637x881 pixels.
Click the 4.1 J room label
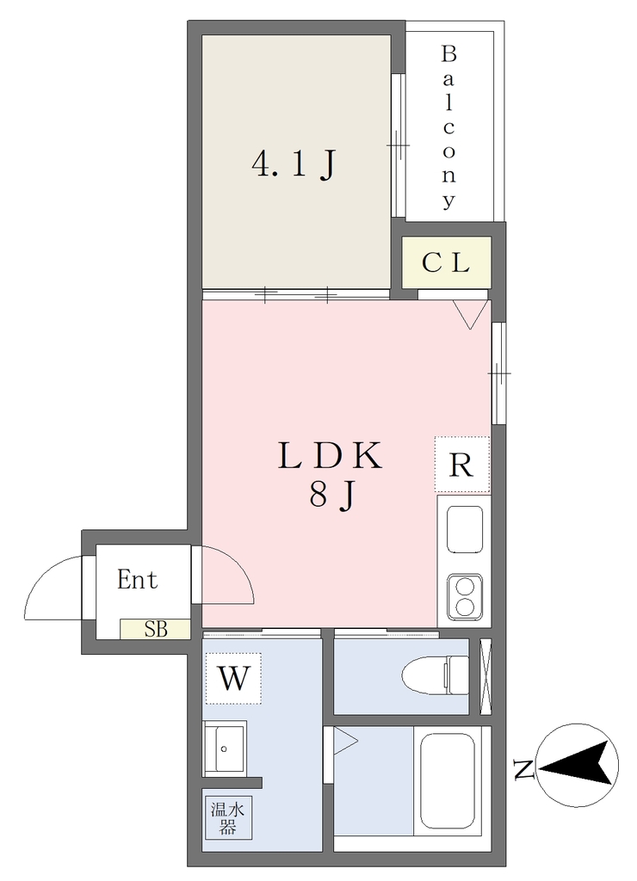click(294, 165)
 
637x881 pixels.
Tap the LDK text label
click(331, 456)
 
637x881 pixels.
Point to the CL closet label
click(446, 262)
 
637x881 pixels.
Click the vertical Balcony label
click(448, 127)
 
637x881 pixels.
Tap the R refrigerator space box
click(462, 465)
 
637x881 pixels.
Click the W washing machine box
click(233, 678)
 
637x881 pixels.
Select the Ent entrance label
click(137, 579)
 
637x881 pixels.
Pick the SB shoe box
click(155, 629)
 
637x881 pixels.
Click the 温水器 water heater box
click(228, 818)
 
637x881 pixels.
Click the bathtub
click(448, 780)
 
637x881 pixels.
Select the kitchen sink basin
click(464, 529)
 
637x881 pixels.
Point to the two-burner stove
click(465, 597)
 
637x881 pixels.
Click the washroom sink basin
click(225, 749)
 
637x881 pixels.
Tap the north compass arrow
click(578, 765)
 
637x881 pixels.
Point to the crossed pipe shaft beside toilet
click(485, 677)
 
